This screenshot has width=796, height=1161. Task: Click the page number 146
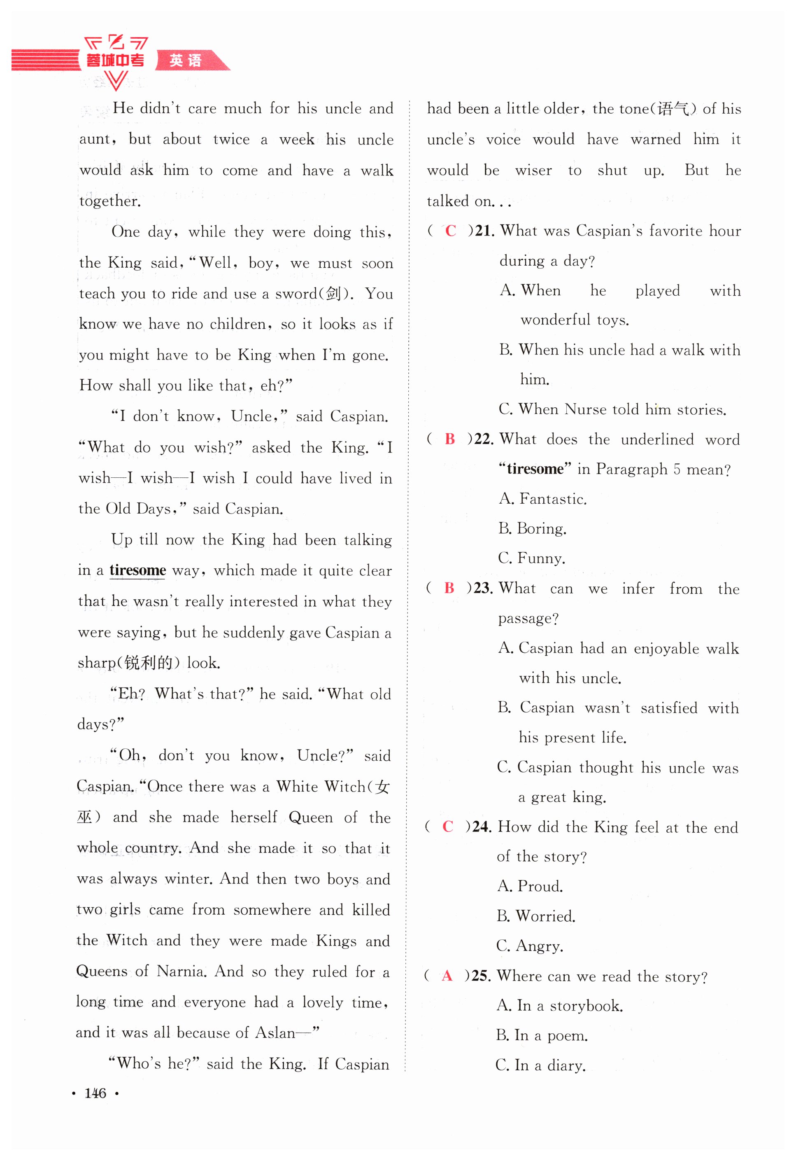(x=95, y=1093)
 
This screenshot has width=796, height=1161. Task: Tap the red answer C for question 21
(x=450, y=230)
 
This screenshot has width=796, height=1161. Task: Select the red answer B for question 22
(x=450, y=439)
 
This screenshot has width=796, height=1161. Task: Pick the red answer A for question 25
(x=447, y=975)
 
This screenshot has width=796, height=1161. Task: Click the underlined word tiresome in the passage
(x=137, y=570)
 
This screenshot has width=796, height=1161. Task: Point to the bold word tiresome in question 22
(x=535, y=469)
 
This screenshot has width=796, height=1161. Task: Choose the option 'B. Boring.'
(x=532, y=528)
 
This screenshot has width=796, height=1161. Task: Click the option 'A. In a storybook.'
(x=560, y=1005)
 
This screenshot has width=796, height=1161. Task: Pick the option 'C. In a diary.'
(x=541, y=1065)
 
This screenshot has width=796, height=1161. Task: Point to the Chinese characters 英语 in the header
(x=185, y=61)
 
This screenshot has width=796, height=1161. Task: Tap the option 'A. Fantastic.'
(x=543, y=499)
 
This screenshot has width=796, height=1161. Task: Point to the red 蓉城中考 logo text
(x=115, y=61)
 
